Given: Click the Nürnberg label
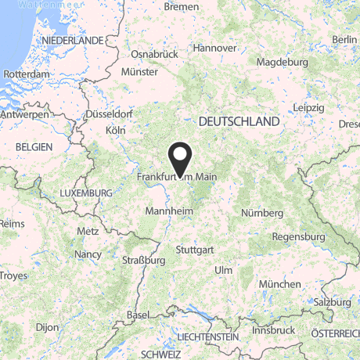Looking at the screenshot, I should click(262, 213).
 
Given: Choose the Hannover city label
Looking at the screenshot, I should click(214, 48).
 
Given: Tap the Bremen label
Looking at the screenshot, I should click(182, 6).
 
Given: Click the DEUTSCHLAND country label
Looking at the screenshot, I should click(239, 122).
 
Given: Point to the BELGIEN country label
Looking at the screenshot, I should click(33, 146).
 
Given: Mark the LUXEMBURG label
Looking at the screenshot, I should click(86, 193).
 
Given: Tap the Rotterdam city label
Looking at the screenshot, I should click(25, 74).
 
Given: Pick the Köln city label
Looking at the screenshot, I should click(115, 129).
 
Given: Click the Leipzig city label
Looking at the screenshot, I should click(308, 106).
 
